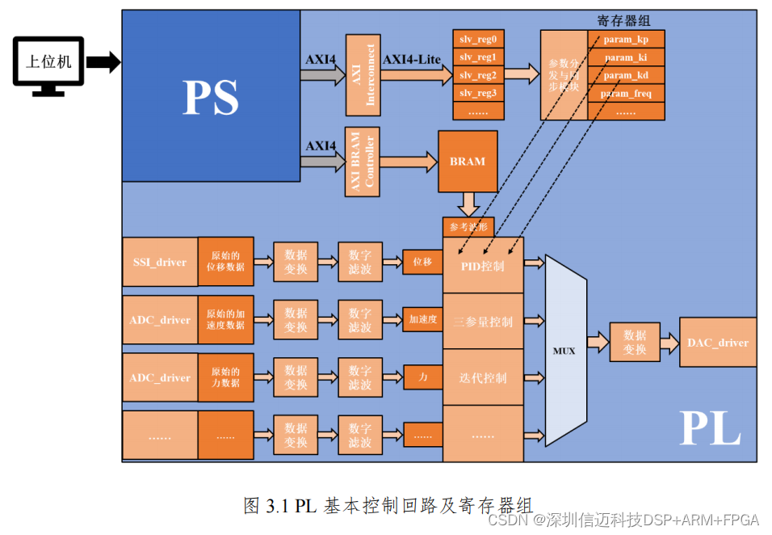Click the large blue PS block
[x=211, y=95]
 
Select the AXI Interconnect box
[x=363, y=75]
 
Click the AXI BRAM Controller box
[x=363, y=162]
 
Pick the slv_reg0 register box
[x=478, y=39]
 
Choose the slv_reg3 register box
[x=478, y=93]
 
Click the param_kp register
[x=626, y=40]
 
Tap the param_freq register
[x=626, y=94]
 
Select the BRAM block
[x=468, y=161]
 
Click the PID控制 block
[x=483, y=265]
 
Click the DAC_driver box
[x=718, y=343]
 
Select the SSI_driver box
[x=160, y=262]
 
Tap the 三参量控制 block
[x=483, y=322]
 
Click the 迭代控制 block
[x=483, y=378]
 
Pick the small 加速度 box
[x=422, y=320]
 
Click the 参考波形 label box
[x=468, y=227]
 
